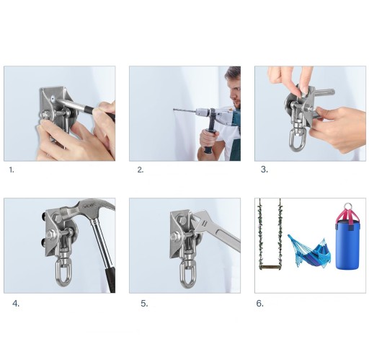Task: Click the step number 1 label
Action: [12, 170]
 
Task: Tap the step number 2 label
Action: [141, 170]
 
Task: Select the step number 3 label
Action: [264, 170]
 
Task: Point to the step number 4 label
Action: [16, 304]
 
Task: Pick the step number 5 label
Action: [144, 304]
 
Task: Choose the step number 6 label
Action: [260, 304]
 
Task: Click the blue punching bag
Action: [347, 240]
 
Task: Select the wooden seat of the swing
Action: [270, 267]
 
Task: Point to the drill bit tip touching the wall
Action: [174, 110]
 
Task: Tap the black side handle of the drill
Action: [209, 135]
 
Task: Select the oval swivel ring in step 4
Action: [63, 273]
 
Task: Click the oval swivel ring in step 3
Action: [298, 140]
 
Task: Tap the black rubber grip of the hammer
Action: [110, 279]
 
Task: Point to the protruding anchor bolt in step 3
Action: [322, 92]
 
